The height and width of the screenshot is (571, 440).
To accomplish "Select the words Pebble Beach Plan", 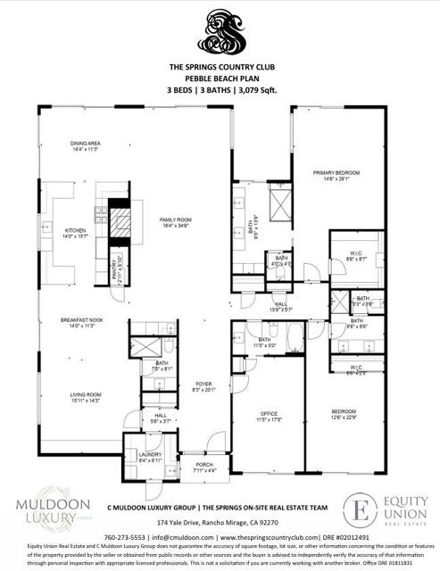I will click(x=220, y=78).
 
